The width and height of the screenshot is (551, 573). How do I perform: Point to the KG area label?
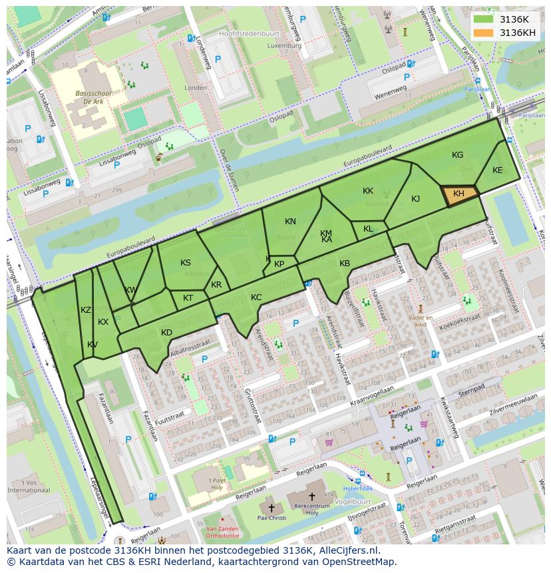coord(457,155)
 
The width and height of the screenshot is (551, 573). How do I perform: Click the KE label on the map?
coord(497,170)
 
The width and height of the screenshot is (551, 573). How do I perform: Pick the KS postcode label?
coord(186,263)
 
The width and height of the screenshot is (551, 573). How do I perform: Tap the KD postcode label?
coord(166,333)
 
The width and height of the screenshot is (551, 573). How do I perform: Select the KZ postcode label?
coord(86,310)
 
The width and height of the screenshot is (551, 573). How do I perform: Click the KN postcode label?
coord(290,222)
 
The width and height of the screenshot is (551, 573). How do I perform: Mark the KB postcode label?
coord(345,264)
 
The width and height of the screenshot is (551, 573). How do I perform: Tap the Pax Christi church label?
coord(272,518)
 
